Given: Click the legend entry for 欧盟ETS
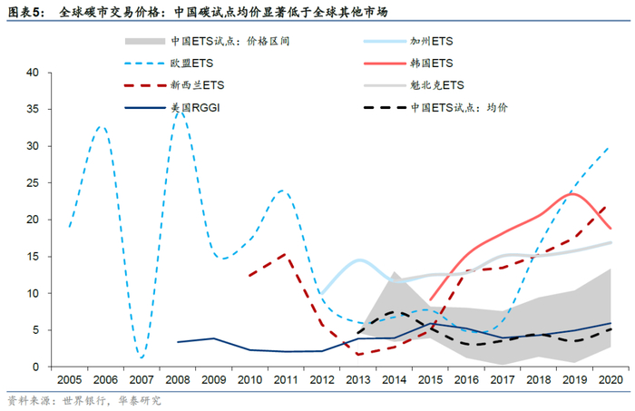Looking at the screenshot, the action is pyautogui.click(x=191, y=64).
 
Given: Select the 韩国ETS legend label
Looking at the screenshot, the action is pyautogui.click(x=431, y=64).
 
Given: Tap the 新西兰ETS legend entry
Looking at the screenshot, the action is pyautogui.click(x=197, y=85).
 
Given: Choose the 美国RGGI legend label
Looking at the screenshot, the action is pyautogui.click(x=195, y=108).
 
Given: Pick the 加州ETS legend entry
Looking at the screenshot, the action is pyautogui.click(x=431, y=42).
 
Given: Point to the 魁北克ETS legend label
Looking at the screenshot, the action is pyautogui.click(x=437, y=85).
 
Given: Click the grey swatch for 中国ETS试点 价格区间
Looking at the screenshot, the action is pyautogui.click(x=145, y=42).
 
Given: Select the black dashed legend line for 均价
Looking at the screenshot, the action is pyautogui.click(x=385, y=108).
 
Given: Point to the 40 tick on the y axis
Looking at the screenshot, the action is pyautogui.click(x=33, y=73).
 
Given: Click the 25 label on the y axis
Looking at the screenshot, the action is pyautogui.click(x=33, y=183).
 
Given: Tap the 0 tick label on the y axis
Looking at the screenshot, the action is pyautogui.click(x=36, y=367).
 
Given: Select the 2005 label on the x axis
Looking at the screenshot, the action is pyautogui.click(x=69, y=380).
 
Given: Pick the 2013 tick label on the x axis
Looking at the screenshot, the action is pyautogui.click(x=358, y=380).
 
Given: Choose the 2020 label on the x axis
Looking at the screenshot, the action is pyautogui.click(x=611, y=380).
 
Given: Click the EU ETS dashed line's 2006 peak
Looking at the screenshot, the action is pyautogui.click(x=102, y=127).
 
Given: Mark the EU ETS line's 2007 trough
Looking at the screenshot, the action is pyautogui.click(x=142, y=357).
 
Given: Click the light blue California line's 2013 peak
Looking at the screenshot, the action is pyautogui.click(x=359, y=260).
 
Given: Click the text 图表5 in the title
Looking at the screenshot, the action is pyautogui.click(x=25, y=12).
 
